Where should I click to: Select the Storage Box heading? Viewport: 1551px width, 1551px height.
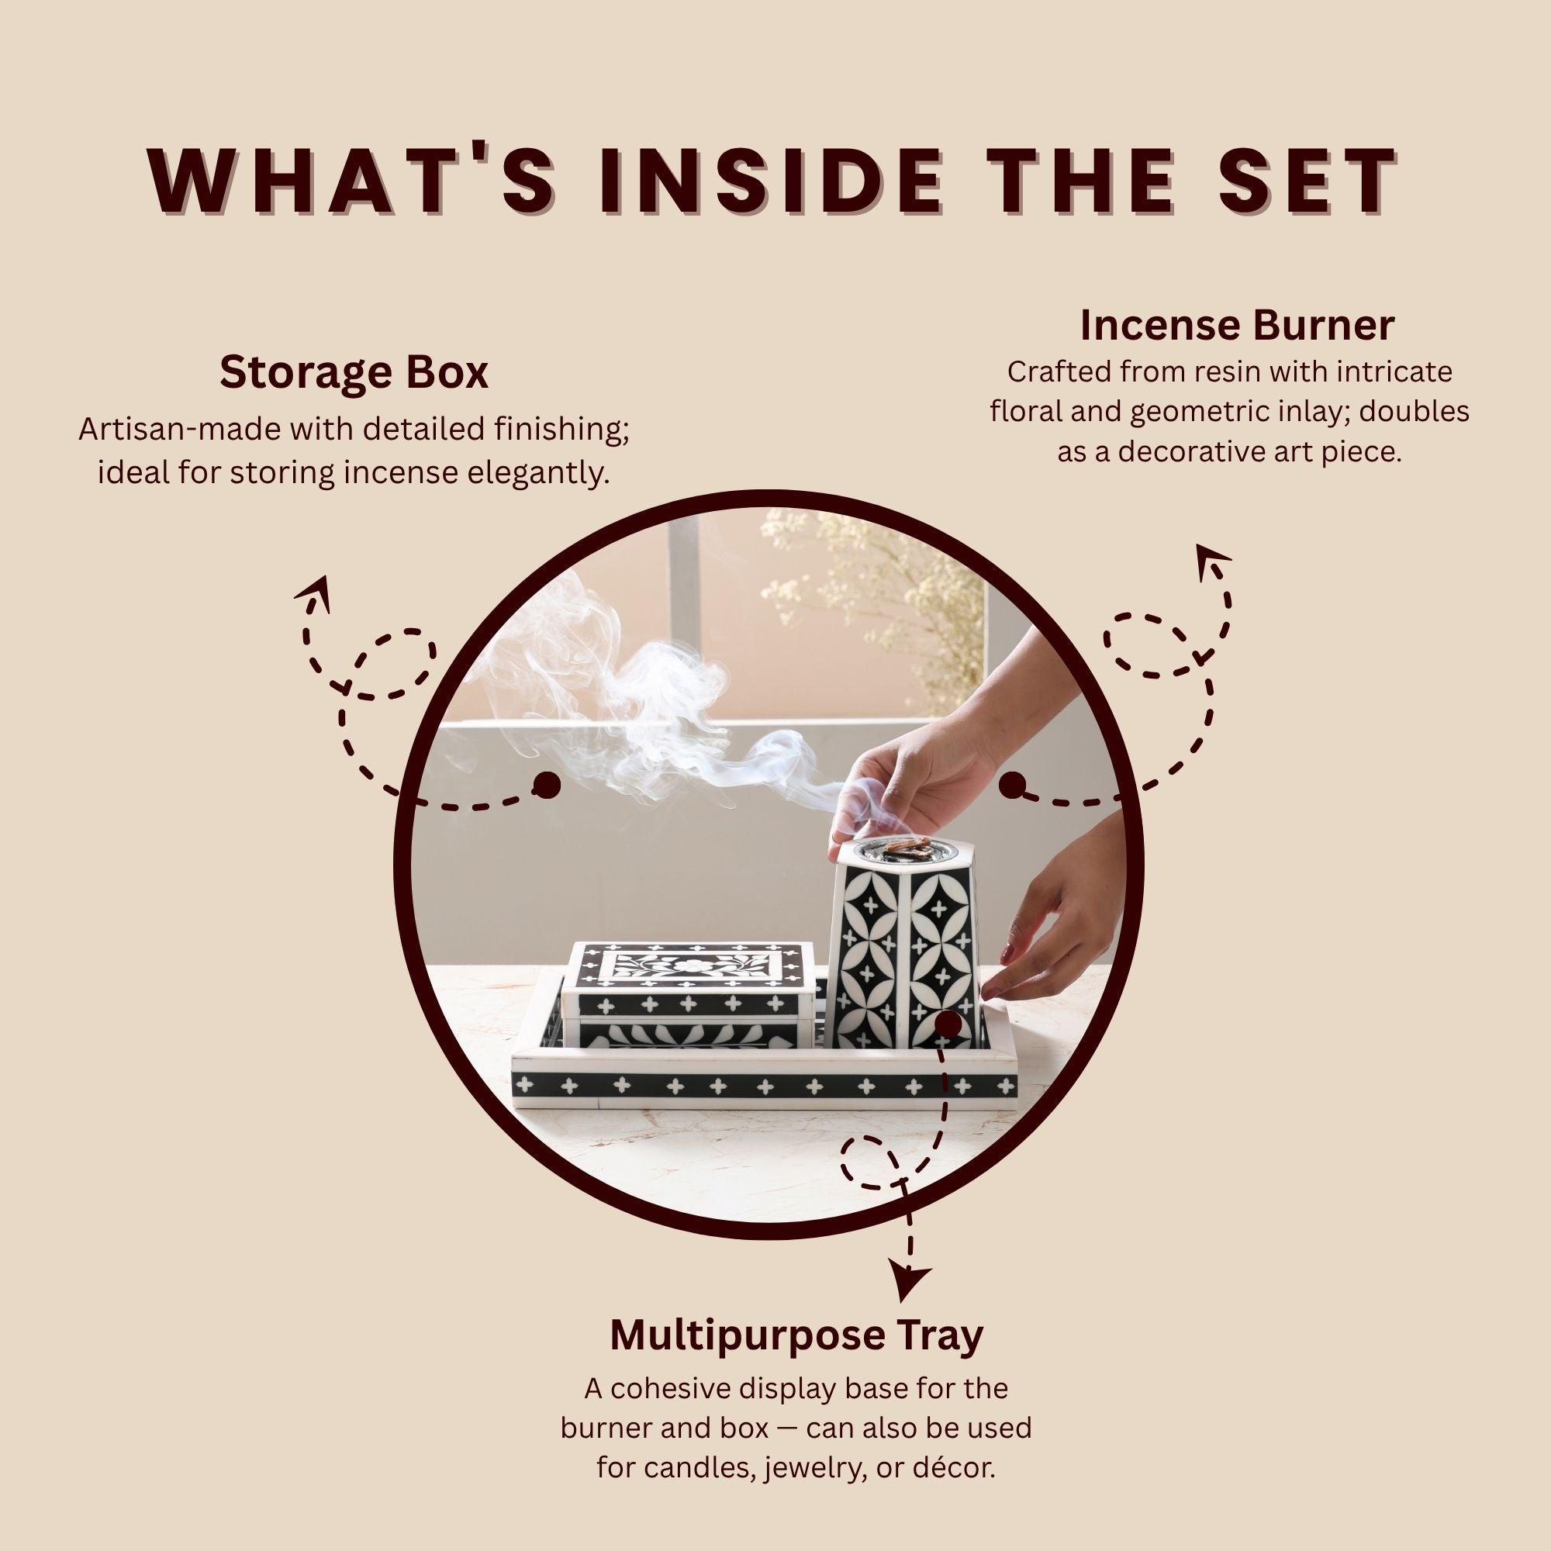pyautogui.click(x=354, y=373)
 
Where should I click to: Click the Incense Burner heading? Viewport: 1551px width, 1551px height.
pyautogui.click(x=1236, y=325)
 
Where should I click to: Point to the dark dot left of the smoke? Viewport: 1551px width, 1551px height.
pyautogui.click(x=547, y=785)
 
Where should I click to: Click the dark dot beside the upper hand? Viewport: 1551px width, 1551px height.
pyautogui.click(x=1012, y=785)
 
